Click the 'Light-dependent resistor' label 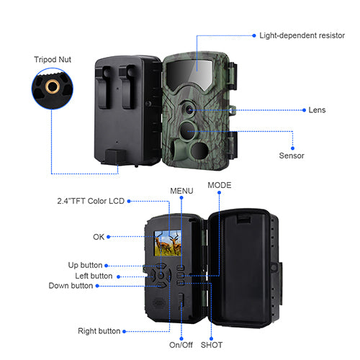pyautogui.click(x=302, y=35)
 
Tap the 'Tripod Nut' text pyautogui.click(x=53, y=59)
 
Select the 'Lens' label pyautogui.click(x=317, y=110)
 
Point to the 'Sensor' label pyautogui.click(x=292, y=156)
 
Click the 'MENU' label pyautogui.click(x=181, y=191)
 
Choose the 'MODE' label pyautogui.click(x=220, y=185)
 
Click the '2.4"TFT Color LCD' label pyautogui.click(x=91, y=201)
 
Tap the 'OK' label pyautogui.click(x=99, y=237)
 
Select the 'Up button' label pyautogui.click(x=85, y=265)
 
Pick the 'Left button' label pyautogui.click(x=94, y=276)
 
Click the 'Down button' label pyautogui.click(x=71, y=286)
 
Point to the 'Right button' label pyautogui.click(x=99, y=331)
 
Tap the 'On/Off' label pyautogui.click(x=181, y=345)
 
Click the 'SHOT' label pyautogui.click(x=212, y=345)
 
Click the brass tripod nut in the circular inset pyautogui.click(x=53, y=86)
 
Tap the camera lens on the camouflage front pyautogui.click(x=189, y=110)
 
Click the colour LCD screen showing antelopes pyautogui.click(x=168, y=243)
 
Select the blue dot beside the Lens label pyautogui.click(x=304, y=110)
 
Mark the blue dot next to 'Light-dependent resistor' pyautogui.click(x=254, y=36)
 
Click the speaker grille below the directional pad pyautogui.click(x=159, y=303)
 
